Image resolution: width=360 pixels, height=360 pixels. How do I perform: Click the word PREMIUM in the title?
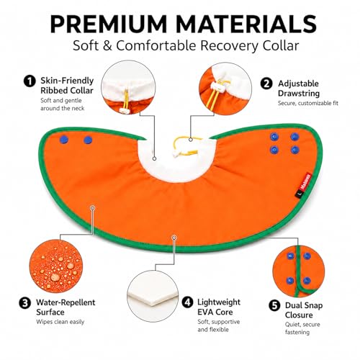point(108,24)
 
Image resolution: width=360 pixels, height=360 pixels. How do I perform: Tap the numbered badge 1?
point(30,81)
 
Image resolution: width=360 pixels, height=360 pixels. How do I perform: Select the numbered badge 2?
point(266,84)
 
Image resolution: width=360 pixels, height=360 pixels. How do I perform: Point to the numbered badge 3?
point(25,303)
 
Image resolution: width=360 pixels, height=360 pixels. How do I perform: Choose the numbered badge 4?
point(187,302)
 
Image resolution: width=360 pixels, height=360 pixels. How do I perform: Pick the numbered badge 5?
point(274,305)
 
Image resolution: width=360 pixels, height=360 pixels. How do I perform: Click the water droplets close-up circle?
point(56,266)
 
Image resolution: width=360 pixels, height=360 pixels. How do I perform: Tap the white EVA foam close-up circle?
point(153,296)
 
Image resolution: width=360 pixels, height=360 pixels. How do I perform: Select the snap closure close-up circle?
point(299,271)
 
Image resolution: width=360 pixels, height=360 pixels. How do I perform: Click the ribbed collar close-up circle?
point(128,87)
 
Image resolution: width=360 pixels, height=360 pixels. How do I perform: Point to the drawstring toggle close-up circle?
point(225,89)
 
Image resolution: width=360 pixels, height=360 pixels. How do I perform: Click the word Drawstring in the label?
point(299,94)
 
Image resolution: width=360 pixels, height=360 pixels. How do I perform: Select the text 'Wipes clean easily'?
point(60,322)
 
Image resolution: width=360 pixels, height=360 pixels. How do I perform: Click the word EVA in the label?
point(206,312)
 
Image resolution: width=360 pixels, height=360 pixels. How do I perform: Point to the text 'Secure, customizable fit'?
point(308,103)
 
